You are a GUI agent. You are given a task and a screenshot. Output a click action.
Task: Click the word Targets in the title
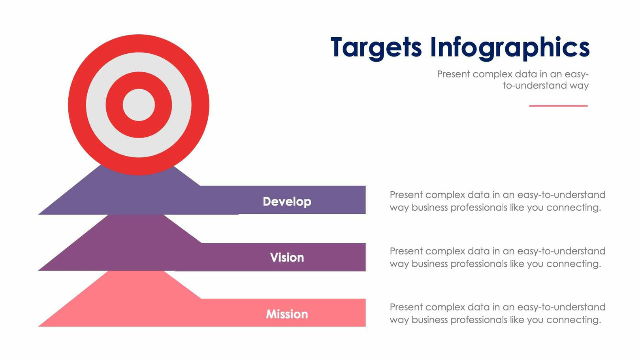376,47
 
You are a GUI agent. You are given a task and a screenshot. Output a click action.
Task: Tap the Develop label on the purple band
287,202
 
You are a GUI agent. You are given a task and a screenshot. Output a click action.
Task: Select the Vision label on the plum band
287,258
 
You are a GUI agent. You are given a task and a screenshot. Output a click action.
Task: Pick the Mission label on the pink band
287,314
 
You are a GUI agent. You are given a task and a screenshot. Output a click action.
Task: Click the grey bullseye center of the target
139,105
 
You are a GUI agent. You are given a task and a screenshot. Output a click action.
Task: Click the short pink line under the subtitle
558,106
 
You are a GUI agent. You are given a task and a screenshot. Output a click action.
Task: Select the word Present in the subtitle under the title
454,74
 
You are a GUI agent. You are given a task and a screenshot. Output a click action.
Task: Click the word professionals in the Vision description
479,264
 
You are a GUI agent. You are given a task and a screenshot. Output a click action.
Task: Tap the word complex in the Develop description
447,195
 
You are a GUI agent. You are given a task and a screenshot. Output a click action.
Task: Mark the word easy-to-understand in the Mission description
561,307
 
